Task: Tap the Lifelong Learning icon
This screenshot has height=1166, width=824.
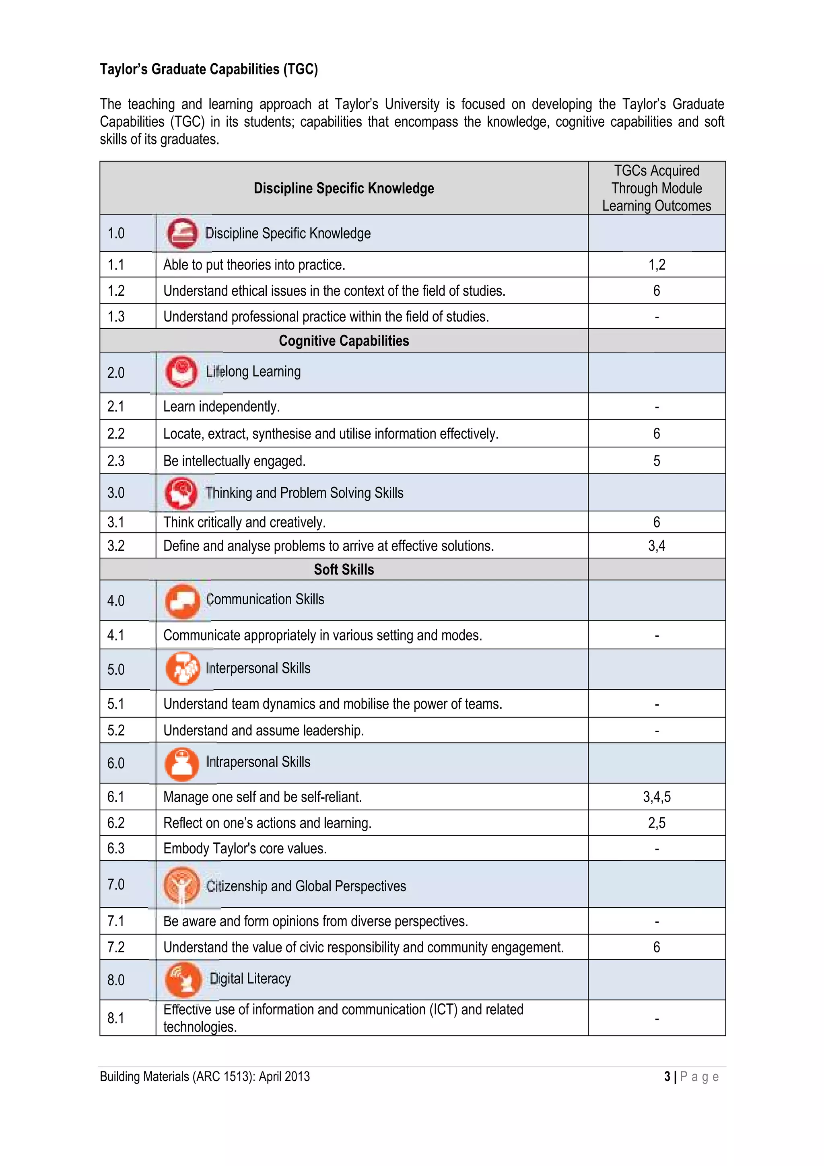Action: [181, 372]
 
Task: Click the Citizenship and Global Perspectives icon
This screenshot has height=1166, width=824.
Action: [181, 885]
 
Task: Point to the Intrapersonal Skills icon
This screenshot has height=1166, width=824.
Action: [182, 764]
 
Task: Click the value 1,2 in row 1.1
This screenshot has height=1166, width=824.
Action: [657, 265]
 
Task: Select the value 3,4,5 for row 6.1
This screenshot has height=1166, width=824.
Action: [657, 797]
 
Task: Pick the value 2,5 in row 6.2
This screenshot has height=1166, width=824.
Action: [657, 823]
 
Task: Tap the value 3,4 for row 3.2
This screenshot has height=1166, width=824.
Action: [657, 546]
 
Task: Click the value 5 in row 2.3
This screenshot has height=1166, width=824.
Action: [657, 461]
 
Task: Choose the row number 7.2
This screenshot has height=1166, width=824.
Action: [116, 947]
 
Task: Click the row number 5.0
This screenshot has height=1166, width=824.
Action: [116, 670]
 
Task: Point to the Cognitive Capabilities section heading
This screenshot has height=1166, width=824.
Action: [344, 341]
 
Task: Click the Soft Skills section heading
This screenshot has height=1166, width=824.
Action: [344, 570]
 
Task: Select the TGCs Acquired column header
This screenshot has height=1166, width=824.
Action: [657, 188]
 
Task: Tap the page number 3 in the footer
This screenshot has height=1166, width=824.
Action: [667, 1077]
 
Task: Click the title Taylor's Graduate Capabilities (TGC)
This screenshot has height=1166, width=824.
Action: [209, 69]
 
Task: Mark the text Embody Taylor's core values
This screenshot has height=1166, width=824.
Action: [245, 849]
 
